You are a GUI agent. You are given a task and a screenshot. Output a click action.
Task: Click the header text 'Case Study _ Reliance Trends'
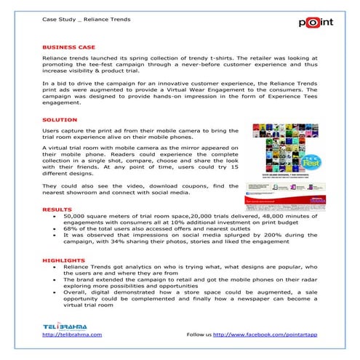click(x=87, y=19)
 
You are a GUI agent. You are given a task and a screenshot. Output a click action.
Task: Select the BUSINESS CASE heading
click(x=70, y=46)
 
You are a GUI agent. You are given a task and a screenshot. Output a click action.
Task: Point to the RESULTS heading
click(x=57, y=209)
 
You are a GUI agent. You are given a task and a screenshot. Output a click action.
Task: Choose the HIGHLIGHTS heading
click(x=63, y=260)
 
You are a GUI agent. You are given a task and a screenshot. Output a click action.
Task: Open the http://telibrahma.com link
click(x=72, y=334)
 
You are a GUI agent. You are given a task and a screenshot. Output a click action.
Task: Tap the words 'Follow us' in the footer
click(x=199, y=334)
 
